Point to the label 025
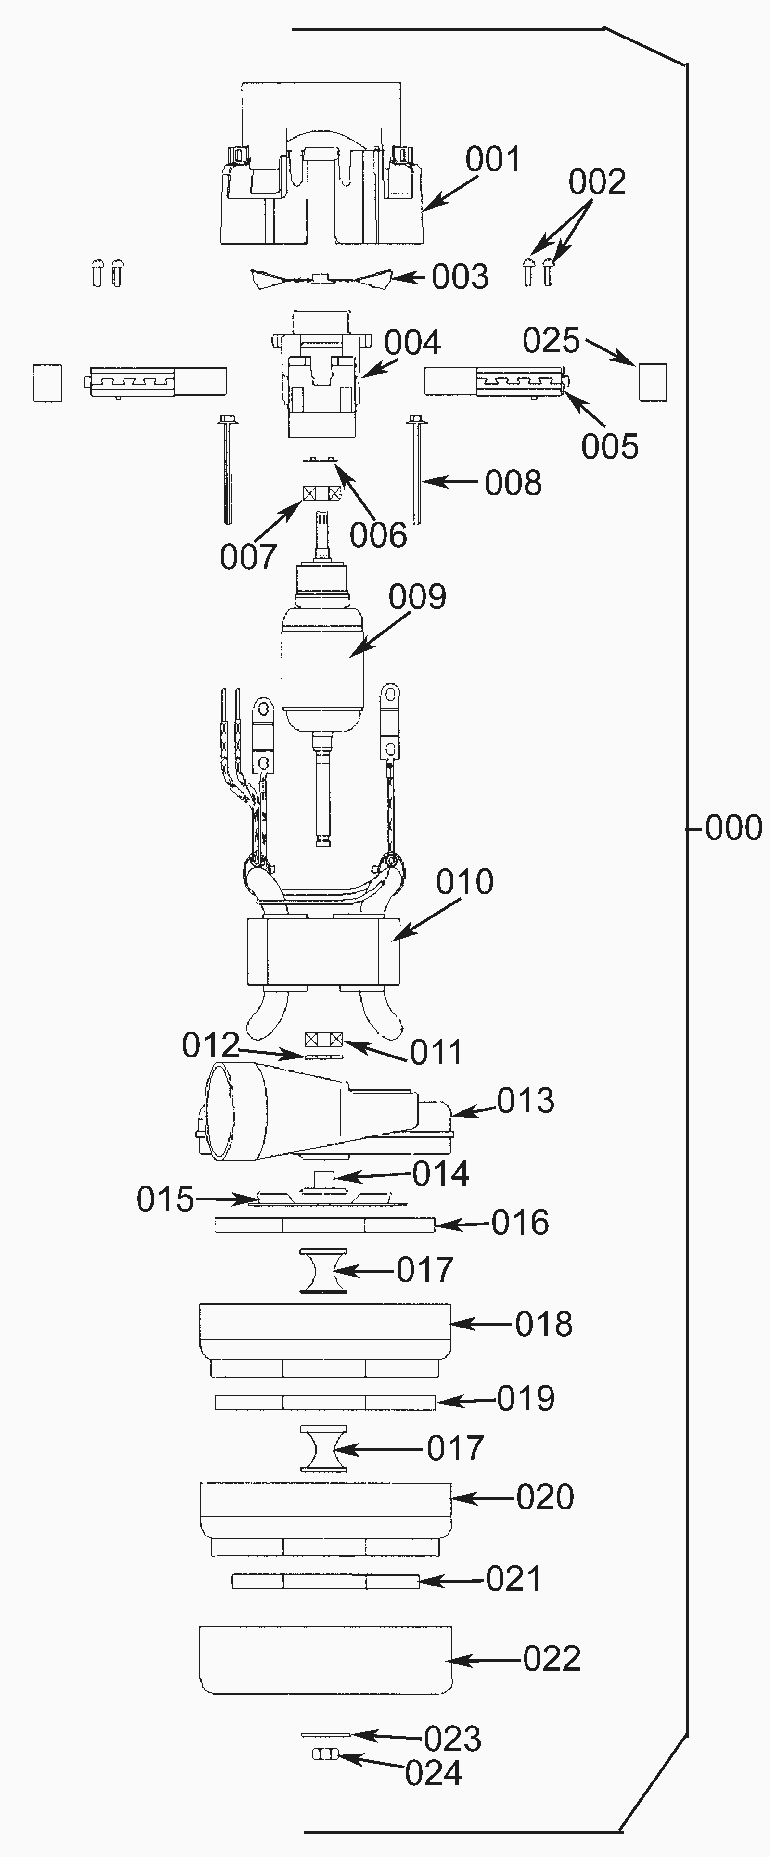point(551,340)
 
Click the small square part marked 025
point(653,382)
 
